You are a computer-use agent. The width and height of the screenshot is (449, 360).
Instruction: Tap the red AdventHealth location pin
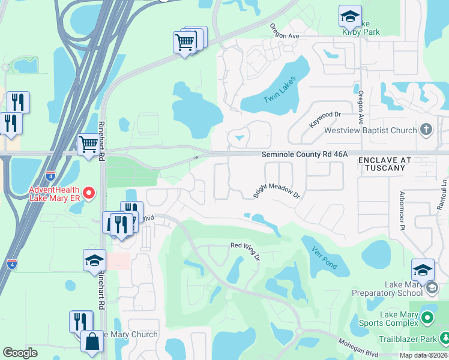coord(89,193)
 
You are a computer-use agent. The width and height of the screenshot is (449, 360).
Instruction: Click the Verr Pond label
coord(324,256)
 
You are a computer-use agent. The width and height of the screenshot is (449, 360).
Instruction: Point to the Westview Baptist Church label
coord(370,130)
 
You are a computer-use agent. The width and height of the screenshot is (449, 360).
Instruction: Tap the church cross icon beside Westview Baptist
coord(426,129)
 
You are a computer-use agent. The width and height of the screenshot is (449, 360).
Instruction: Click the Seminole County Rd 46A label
coord(304,154)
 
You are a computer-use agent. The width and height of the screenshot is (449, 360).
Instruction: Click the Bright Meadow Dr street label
coord(276,191)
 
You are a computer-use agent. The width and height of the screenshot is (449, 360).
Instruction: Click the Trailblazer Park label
coord(412,339)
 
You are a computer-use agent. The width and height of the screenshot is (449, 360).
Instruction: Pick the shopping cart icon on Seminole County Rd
coord(88,144)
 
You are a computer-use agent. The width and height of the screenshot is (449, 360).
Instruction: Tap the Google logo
coord(20,353)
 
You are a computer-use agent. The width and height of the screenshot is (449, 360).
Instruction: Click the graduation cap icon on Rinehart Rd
coord(94,260)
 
